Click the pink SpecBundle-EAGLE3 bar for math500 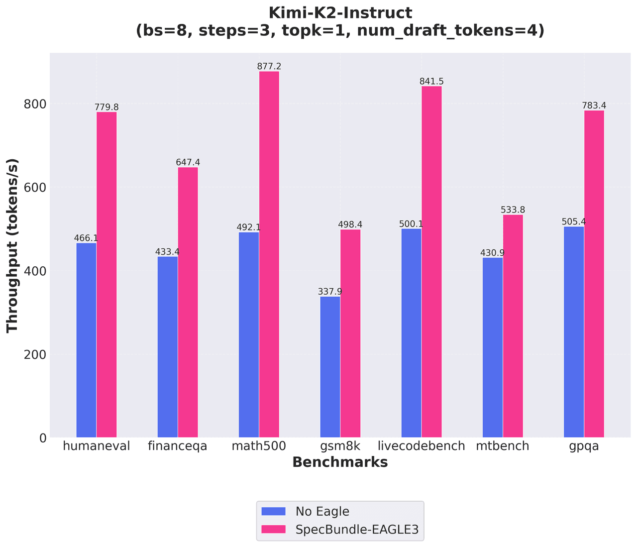[x=269, y=254]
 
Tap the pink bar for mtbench [x=513, y=326]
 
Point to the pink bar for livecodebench [x=431, y=262]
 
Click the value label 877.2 [x=269, y=66]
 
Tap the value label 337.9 [x=330, y=292]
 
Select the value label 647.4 [x=188, y=162]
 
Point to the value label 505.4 [x=574, y=221]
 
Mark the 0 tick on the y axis [x=43, y=438]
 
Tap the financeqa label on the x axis [x=178, y=446]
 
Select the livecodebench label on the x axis [x=422, y=446]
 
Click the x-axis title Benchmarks [x=340, y=462]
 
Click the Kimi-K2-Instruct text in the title [x=340, y=12]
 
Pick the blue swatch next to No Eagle [x=274, y=511]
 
